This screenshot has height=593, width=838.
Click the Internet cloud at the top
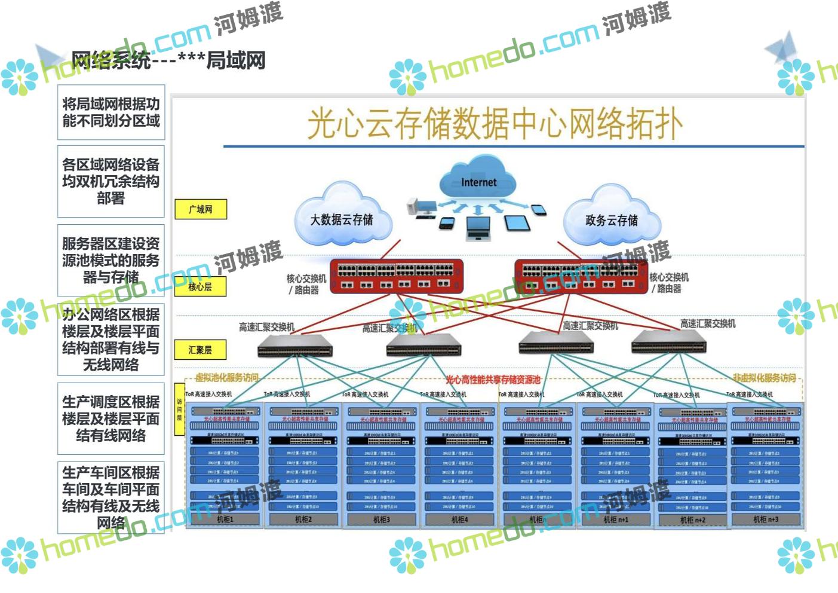(x=478, y=178)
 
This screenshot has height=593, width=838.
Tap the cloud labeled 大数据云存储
(x=342, y=219)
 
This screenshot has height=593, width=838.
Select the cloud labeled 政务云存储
(x=612, y=219)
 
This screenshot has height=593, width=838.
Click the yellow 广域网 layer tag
(x=201, y=209)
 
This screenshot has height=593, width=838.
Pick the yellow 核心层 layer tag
(x=200, y=286)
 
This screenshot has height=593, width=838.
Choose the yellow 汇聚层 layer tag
(x=200, y=350)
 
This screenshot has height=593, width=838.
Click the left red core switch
(x=397, y=276)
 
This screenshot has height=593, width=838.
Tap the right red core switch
(x=581, y=276)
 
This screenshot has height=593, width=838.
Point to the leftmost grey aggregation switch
(x=294, y=346)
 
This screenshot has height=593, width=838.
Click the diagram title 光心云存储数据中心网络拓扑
(x=495, y=124)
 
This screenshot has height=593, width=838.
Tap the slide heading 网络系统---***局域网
(x=168, y=60)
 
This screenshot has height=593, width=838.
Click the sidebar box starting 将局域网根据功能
(x=111, y=112)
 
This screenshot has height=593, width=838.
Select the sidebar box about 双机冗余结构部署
(x=111, y=181)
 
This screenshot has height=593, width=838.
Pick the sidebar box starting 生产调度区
(x=111, y=418)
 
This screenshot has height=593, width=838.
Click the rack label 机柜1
(x=225, y=519)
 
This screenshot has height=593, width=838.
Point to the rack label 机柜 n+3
(x=766, y=519)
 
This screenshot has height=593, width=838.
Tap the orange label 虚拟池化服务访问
(x=227, y=377)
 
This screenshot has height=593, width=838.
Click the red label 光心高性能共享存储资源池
(x=493, y=380)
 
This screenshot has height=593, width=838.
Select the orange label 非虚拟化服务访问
(x=764, y=378)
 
